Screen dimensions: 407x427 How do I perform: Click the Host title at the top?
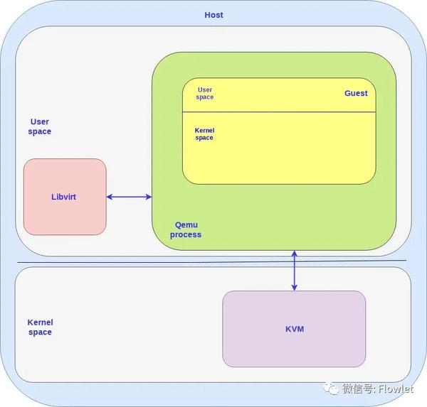(x=213, y=15)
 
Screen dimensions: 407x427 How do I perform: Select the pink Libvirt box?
(x=65, y=213)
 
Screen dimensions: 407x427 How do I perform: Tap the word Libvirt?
(x=64, y=197)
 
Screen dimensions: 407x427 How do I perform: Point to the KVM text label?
(x=294, y=330)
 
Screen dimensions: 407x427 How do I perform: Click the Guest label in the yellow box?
(x=356, y=93)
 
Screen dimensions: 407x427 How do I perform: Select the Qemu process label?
(x=186, y=229)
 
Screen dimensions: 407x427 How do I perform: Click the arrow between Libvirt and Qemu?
(x=129, y=197)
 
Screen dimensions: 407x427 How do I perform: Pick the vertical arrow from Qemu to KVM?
(x=294, y=271)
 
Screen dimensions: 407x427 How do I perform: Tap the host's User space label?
(x=40, y=126)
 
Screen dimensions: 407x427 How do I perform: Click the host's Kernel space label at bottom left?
(x=40, y=327)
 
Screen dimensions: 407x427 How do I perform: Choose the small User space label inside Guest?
(x=205, y=94)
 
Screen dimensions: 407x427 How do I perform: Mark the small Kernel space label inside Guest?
(x=204, y=134)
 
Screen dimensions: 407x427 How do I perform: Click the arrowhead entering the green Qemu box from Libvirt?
(x=148, y=197)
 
